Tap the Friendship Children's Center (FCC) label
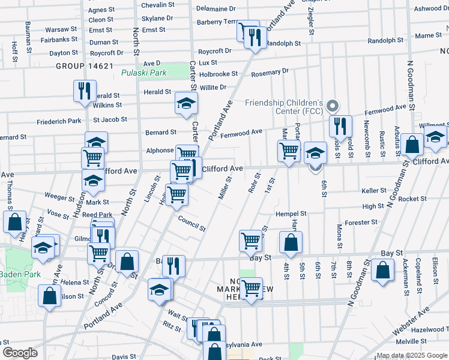coord(284,107)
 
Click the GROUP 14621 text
coord(85,65)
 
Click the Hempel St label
coord(291,214)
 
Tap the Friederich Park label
coord(58,121)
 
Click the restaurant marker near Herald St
coord(84,91)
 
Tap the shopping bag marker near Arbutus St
coord(412,145)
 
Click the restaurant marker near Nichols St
coord(340,126)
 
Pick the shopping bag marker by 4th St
coord(291,242)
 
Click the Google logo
coord(20,353)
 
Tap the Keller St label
coord(373,191)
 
